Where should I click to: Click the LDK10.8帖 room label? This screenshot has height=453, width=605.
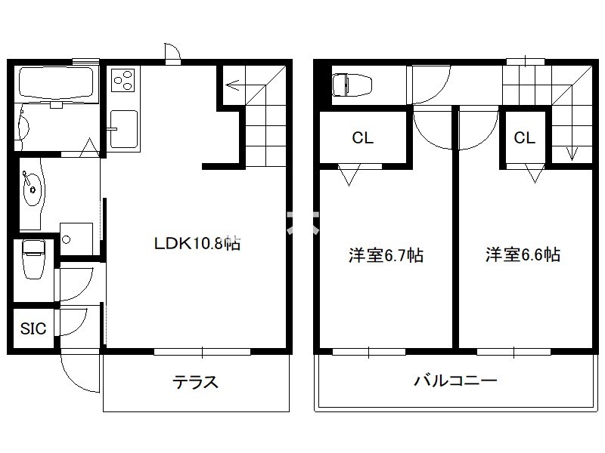click(197, 243)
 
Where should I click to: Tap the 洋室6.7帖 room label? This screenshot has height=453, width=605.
click(385, 255)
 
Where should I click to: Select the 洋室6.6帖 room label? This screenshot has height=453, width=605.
click(523, 254)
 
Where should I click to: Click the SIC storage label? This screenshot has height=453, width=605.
click(33, 328)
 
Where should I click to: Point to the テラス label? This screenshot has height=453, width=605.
click(196, 382)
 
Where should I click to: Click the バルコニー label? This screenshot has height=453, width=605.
click(455, 381)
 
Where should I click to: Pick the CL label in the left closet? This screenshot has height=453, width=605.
click(362, 138)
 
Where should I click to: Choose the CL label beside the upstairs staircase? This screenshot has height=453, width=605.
click(525, 138)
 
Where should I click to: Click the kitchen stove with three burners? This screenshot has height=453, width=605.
click(123, 80)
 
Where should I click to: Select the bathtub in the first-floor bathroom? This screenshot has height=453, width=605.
click(54, 84)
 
